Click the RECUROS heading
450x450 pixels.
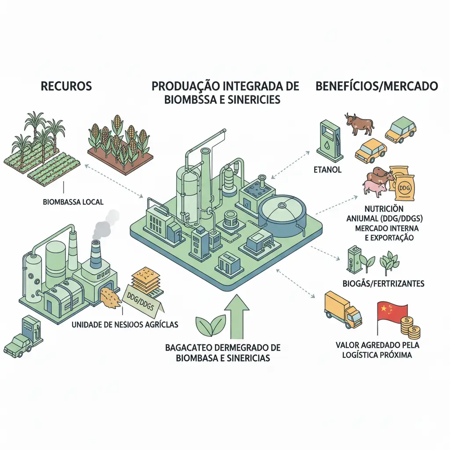click(x=66, y=85)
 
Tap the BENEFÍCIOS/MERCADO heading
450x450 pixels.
click(x=377, y=86)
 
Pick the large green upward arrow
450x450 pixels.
click(x=236, y=317)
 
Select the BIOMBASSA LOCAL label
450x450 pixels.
click(x=73, y=202)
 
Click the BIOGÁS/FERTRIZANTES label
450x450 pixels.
click(x=383, y=283)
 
